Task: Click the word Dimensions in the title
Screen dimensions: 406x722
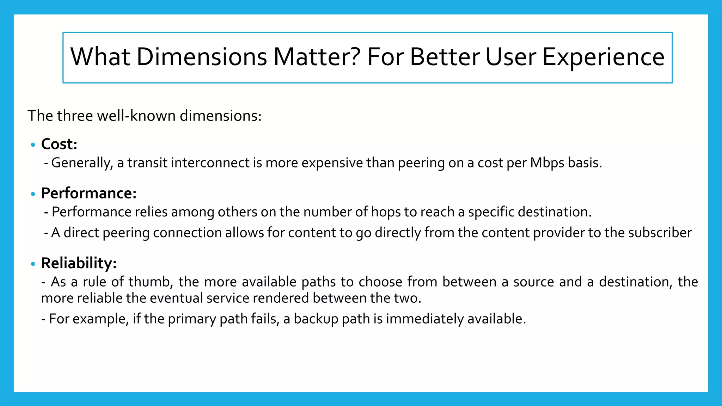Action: (x=201, y=57)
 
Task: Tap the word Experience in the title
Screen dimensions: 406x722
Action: (x=603, y=57)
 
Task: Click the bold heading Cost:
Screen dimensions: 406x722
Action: (x=59, y=144)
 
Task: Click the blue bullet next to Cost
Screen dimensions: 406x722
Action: (x=33, y=145)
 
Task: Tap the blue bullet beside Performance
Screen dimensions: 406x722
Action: (x=33, y=194)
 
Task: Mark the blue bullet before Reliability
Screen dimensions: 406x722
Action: (x=33, y=264)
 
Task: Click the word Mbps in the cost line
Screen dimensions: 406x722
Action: (x=547, y=163)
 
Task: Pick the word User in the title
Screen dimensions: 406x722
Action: (x=511, y=57)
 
